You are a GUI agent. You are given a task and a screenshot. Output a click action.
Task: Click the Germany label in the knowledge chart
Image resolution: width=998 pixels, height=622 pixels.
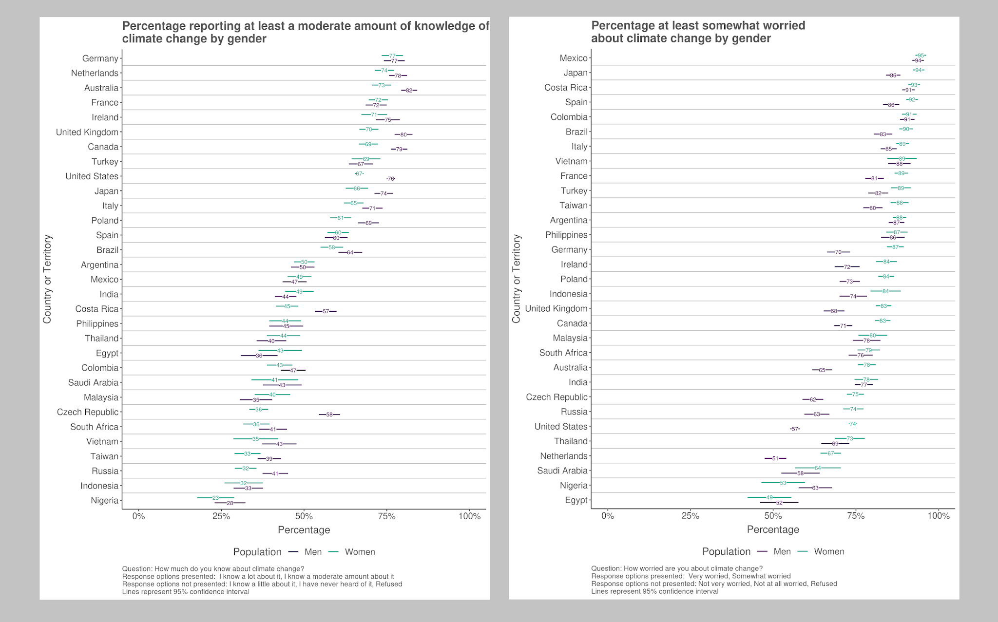pos(100,58)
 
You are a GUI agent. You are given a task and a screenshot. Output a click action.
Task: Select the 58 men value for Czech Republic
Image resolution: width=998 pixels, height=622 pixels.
pos(329,415)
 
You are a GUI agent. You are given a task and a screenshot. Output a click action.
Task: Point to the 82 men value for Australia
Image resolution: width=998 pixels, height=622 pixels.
pos(409,90)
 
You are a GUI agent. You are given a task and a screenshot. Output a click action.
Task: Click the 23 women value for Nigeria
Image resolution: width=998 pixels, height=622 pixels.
pos(215,498)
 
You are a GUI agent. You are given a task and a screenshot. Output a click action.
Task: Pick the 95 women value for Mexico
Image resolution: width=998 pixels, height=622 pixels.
pos(921,56)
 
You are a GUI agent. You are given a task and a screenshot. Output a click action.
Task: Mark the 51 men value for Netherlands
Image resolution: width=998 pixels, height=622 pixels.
pos(775,458)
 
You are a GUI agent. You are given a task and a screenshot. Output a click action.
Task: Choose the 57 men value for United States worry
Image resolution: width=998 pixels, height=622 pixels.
pos(795,429)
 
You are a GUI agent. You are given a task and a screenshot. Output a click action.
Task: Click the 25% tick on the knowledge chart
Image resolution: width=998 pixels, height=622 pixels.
pos(221,516)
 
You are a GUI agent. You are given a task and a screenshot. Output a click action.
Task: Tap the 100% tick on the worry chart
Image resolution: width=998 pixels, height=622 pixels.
pos(939,516)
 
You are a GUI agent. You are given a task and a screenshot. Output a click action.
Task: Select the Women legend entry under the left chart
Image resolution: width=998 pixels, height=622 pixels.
pos(360,552)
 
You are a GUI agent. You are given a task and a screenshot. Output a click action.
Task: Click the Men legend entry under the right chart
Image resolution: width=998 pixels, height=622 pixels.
pos(782,551)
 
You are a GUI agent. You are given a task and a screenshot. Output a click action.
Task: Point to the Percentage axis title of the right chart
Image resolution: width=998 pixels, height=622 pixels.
pos(773,529)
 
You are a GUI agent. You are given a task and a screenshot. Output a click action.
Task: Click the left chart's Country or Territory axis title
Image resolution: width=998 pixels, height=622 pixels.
pos(47,279)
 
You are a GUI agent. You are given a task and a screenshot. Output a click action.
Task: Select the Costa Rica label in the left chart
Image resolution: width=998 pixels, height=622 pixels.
pos(96,309)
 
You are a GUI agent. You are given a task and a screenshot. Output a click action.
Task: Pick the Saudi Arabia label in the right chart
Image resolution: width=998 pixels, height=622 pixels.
pos(562,471)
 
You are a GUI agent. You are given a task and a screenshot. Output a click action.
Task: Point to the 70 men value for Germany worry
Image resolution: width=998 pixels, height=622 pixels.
pos(838,252)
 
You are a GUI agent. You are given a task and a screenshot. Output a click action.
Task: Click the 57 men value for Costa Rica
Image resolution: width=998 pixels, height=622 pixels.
pos(326,311)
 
